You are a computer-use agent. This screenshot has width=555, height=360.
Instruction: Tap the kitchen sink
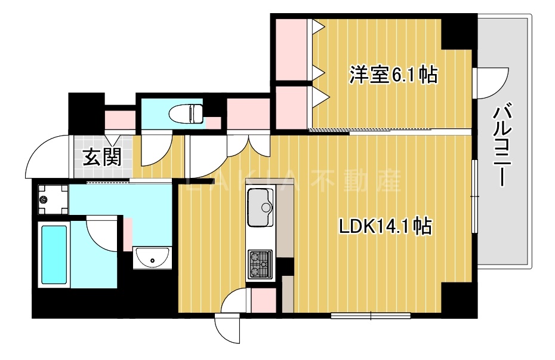pyautogui.click(x=260, y=207)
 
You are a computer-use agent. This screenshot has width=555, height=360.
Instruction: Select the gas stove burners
pyautogui.click(x=260, y=263)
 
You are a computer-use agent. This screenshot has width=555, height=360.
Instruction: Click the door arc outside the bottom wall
pyautogui.click(x=227, y=328)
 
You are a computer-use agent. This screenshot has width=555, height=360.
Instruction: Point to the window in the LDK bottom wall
pyautogui.click(x=370, y=315)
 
